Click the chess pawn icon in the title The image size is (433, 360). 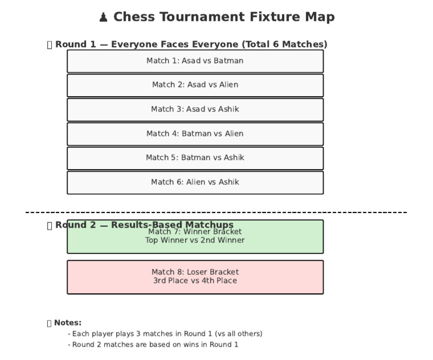pos(103,17)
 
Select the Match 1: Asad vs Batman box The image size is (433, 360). pos(195,61)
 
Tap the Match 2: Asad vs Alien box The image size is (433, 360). pos(195,85)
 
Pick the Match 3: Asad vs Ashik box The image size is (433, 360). pos(195,109)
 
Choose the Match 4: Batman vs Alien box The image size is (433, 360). pos(195,134)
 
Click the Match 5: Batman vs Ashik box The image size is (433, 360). pos(195,158)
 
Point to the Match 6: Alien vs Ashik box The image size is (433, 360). pos(195,182)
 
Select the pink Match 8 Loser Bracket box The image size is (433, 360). pos(195,277)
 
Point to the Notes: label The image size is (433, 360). pos(67,323)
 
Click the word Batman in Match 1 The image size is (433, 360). pos(228,61)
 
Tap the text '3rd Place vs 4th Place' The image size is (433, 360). pos(195,281)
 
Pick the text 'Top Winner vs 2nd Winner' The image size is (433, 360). pos(195,241)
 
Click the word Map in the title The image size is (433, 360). pos(320,17)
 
